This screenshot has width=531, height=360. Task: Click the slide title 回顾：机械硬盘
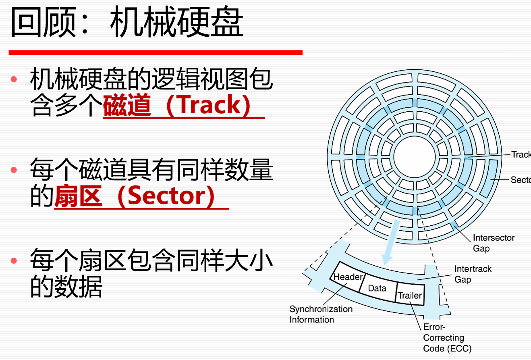click(127, 22)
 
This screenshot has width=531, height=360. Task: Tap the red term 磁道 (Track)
click(176, 105)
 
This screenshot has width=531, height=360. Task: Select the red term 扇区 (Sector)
click(134, 196)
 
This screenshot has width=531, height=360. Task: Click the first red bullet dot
click(14, 79)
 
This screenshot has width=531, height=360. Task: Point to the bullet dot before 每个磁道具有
click(14, 170)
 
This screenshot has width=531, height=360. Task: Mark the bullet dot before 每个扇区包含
click(14, 261)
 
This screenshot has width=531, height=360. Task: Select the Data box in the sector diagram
click(378, 288)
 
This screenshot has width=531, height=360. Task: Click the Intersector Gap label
click(494, 243)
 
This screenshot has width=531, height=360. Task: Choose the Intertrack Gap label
click(473, 274)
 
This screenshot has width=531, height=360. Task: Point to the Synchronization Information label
click(321, 314)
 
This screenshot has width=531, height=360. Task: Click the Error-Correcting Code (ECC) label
click(447, 338)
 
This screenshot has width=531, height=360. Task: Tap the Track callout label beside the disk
click(521, 154)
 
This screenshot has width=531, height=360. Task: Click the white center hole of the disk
click(415, 157)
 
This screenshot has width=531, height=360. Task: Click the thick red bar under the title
click(156, 52)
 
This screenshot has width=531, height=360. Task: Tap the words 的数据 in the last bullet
click(66, 287)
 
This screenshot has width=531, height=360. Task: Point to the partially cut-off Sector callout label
click(521, 180)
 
